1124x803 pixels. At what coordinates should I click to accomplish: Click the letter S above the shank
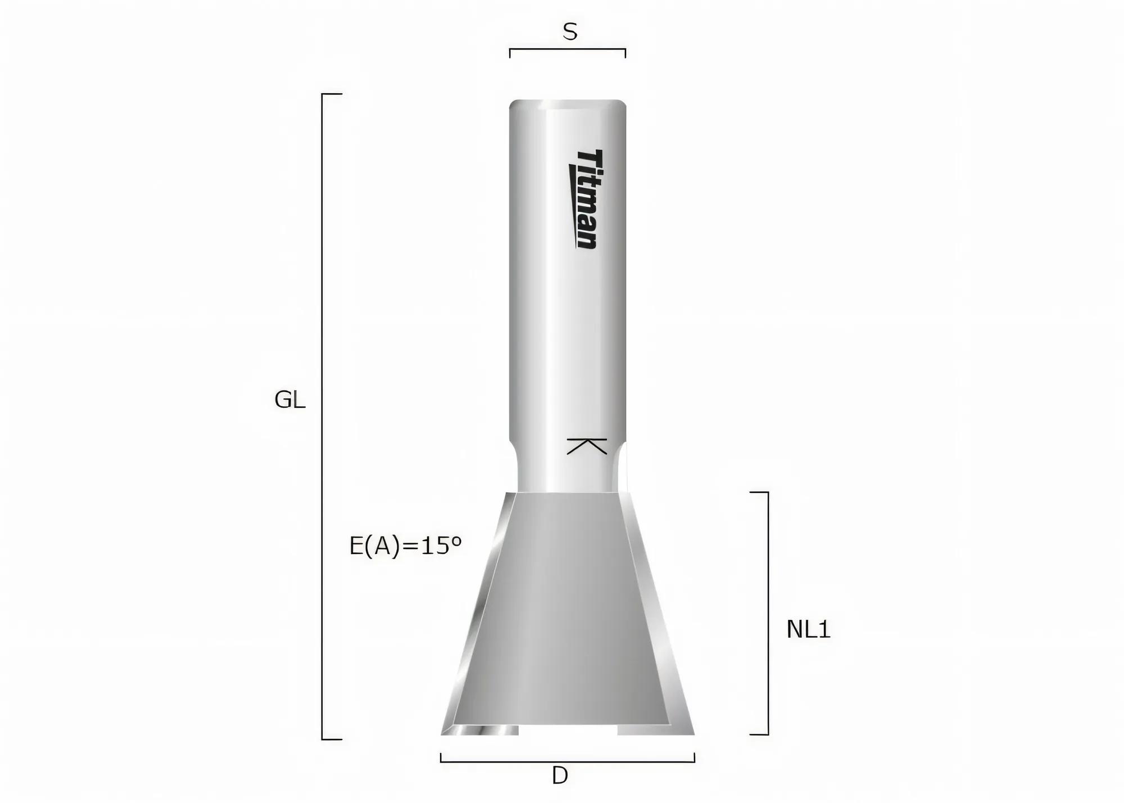(570, 33)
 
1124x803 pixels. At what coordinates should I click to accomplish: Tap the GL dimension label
(289, 400)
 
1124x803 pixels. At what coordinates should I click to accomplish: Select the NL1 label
(808, 630)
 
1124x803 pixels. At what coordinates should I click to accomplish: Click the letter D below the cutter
(560, 776)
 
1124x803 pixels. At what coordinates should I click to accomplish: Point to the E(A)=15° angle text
(405, 546)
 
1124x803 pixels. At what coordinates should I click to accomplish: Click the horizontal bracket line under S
(568, 49)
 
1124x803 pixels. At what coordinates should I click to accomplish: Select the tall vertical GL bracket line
(322, 416)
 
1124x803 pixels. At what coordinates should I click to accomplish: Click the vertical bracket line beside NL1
(768, 613)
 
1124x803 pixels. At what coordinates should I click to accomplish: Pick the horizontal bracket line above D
(568, 761)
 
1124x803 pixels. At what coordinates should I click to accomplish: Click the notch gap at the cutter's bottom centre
(568, 730)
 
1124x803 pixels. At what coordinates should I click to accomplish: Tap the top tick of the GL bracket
(332, 94)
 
